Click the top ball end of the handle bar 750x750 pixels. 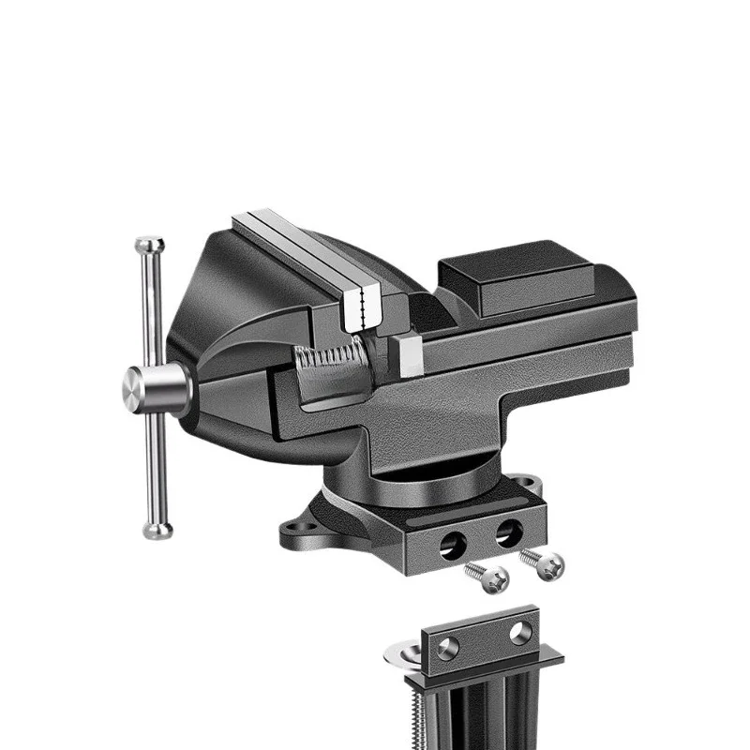coord(149,247)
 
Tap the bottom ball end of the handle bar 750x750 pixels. coord(157,530)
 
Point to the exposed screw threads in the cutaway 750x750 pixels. coord(328,357)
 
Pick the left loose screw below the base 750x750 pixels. coord(489,577)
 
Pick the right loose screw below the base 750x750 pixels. coord(546,564)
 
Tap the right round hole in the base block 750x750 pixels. coord(508,533)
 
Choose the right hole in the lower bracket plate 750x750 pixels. coord(521,630)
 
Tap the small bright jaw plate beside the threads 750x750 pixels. coord(409,357)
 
